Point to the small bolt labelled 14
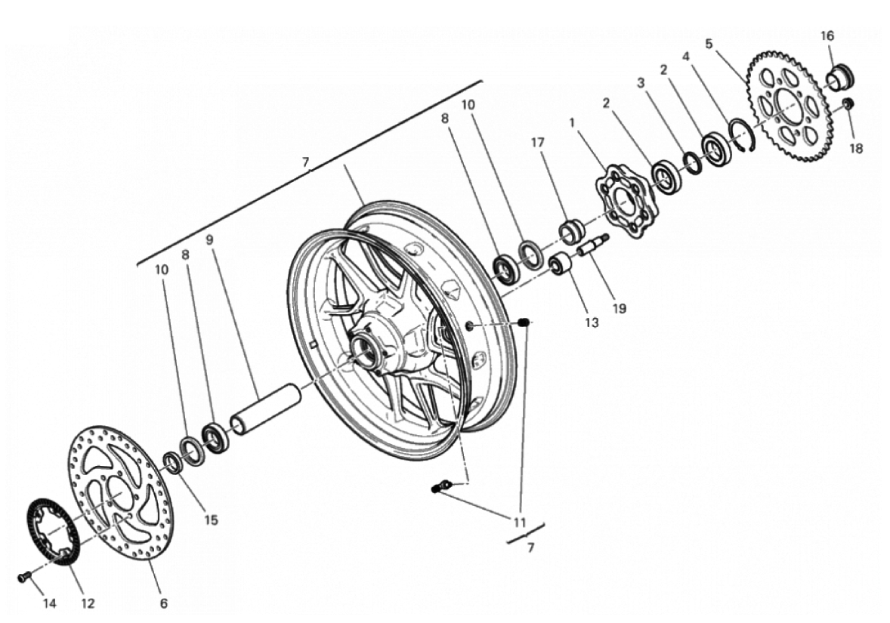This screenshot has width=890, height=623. [x=23, y=577]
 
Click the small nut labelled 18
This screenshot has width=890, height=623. [x=848, y=103]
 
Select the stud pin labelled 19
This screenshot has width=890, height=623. [x=592, y=245]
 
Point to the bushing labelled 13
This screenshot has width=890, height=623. [x=560, y=266]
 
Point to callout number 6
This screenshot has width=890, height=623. [x=163, y=603]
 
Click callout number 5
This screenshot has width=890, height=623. [x=709, y=44]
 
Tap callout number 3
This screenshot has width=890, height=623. [x=641, y=82]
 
